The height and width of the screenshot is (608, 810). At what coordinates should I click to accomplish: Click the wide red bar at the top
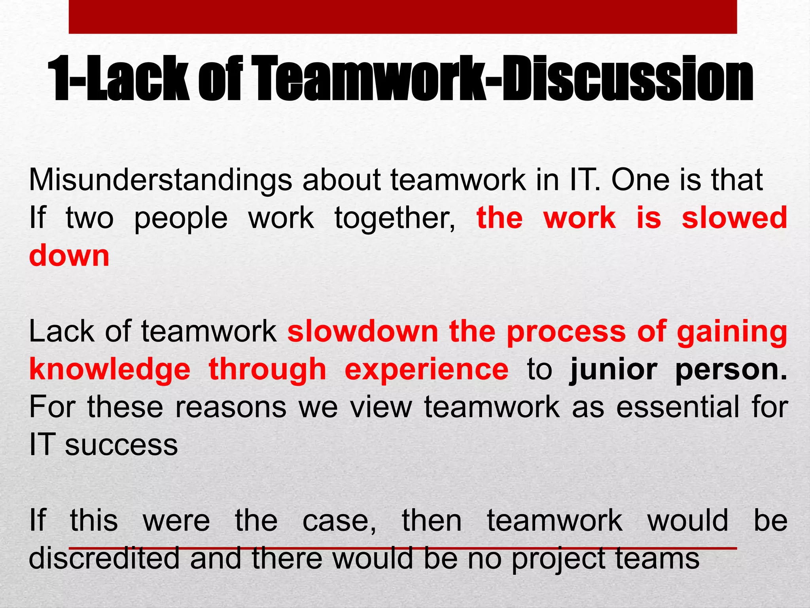pyautogui.click(x=403, y=17)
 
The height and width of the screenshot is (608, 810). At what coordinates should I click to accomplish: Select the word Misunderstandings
pyautogui.click(x=160, y=180)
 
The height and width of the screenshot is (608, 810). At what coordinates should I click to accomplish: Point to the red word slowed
pyautogui.click(x=734, y=218)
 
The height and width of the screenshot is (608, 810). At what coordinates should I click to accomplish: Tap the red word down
pyautogui.click(x=69, y=256)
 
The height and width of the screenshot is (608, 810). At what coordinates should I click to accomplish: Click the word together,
pyautogui.click(x=395, y=219)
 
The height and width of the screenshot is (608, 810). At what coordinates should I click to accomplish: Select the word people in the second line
pyautogui.click(x=181, y=219)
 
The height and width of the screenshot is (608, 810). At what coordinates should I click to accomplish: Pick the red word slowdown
pyautogui.click(x=363, y=331)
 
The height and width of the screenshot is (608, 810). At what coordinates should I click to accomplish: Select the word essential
pyautogui.click(x=678, y=407)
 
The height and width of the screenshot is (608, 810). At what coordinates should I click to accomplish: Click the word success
pyautogui.click(x=121, y=445)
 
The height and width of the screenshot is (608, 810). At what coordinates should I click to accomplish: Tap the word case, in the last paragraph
pyautogui.click(x=339, y=521)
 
